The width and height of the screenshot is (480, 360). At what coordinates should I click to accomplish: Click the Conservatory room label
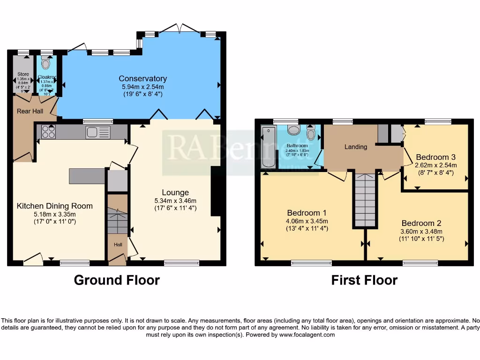(142, 79)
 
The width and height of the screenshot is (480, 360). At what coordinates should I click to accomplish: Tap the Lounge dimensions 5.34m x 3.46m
(175, 201)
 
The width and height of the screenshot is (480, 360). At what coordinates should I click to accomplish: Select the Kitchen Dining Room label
(55, 206)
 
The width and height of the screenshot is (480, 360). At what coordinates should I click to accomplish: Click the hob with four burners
(48, 132)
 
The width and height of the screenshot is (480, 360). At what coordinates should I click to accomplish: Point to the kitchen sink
(98, 132)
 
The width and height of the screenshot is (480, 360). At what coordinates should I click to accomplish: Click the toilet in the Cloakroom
(45, 63)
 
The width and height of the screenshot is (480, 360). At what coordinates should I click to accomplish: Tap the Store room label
(23, 74)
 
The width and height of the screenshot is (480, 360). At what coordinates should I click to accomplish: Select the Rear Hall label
(30, 111)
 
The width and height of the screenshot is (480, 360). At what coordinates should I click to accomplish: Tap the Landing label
(356, 147)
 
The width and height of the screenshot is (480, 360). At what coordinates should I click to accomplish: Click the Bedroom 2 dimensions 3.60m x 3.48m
(421, 231)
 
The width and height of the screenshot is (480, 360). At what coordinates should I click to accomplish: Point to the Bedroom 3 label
(435, 157)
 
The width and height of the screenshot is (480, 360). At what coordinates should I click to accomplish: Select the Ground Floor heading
(117, 280)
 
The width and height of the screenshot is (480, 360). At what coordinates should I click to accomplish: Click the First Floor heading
(364, 280)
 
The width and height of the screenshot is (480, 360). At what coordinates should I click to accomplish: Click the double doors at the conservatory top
(180, 28)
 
